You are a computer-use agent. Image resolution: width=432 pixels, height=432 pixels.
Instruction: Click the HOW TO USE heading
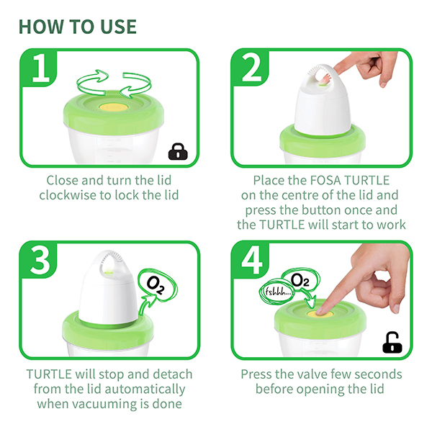(x=78, y=27)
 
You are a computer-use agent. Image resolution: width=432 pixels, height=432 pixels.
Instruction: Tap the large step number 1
(x=41, y=68)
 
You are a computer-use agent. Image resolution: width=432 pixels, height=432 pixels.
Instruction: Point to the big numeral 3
(x=40, y=261)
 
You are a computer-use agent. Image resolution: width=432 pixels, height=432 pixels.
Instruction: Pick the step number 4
(x=251, y=260)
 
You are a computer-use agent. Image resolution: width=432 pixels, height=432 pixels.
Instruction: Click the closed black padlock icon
(x=178, y=151)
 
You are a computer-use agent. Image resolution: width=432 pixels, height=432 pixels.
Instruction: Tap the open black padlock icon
(x=392, y=343)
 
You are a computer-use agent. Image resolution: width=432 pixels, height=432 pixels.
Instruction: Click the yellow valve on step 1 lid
(x=113, y=107)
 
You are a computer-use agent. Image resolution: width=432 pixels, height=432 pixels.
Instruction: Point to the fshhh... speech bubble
(x=276, y=292)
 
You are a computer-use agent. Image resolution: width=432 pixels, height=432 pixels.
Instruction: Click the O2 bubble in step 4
(x=300, y=281)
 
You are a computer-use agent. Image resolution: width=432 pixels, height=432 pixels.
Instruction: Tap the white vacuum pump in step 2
(x=323, y=101)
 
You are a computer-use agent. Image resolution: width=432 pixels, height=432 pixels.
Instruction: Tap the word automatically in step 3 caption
(x=145, y=390)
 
